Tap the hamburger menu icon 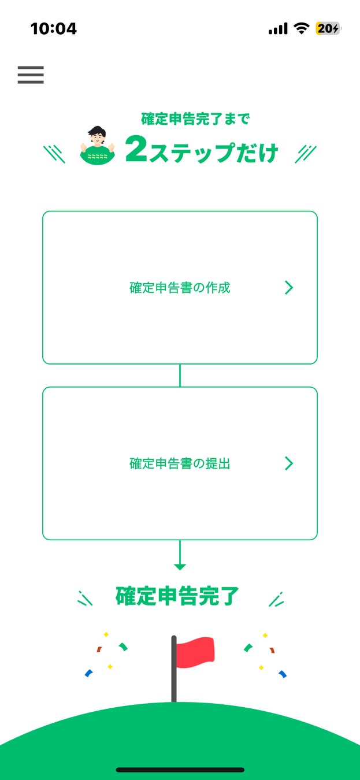click(x=31, y=75)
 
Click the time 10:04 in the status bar click(x=54, y=28)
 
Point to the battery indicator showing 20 click(x=328, y=28)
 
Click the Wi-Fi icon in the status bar click(x=301, y=28)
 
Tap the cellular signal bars click(x=278, y=29)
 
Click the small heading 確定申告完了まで click(x=196, y=119)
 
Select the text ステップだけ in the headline click(x=214, y=153)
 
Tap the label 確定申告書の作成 click(x=180, y=288)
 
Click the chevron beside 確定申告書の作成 click(x=289, y=288)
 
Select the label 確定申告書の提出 click(x=180, y=463)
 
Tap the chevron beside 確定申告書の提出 click(x=289, y=463)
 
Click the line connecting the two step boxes click(x=180, y=376)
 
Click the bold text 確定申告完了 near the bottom click(x=177, y=596)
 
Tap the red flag click(x=196, y=652)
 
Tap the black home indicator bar click(x=180, y=770)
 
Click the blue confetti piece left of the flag click(x=88, y=673)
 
